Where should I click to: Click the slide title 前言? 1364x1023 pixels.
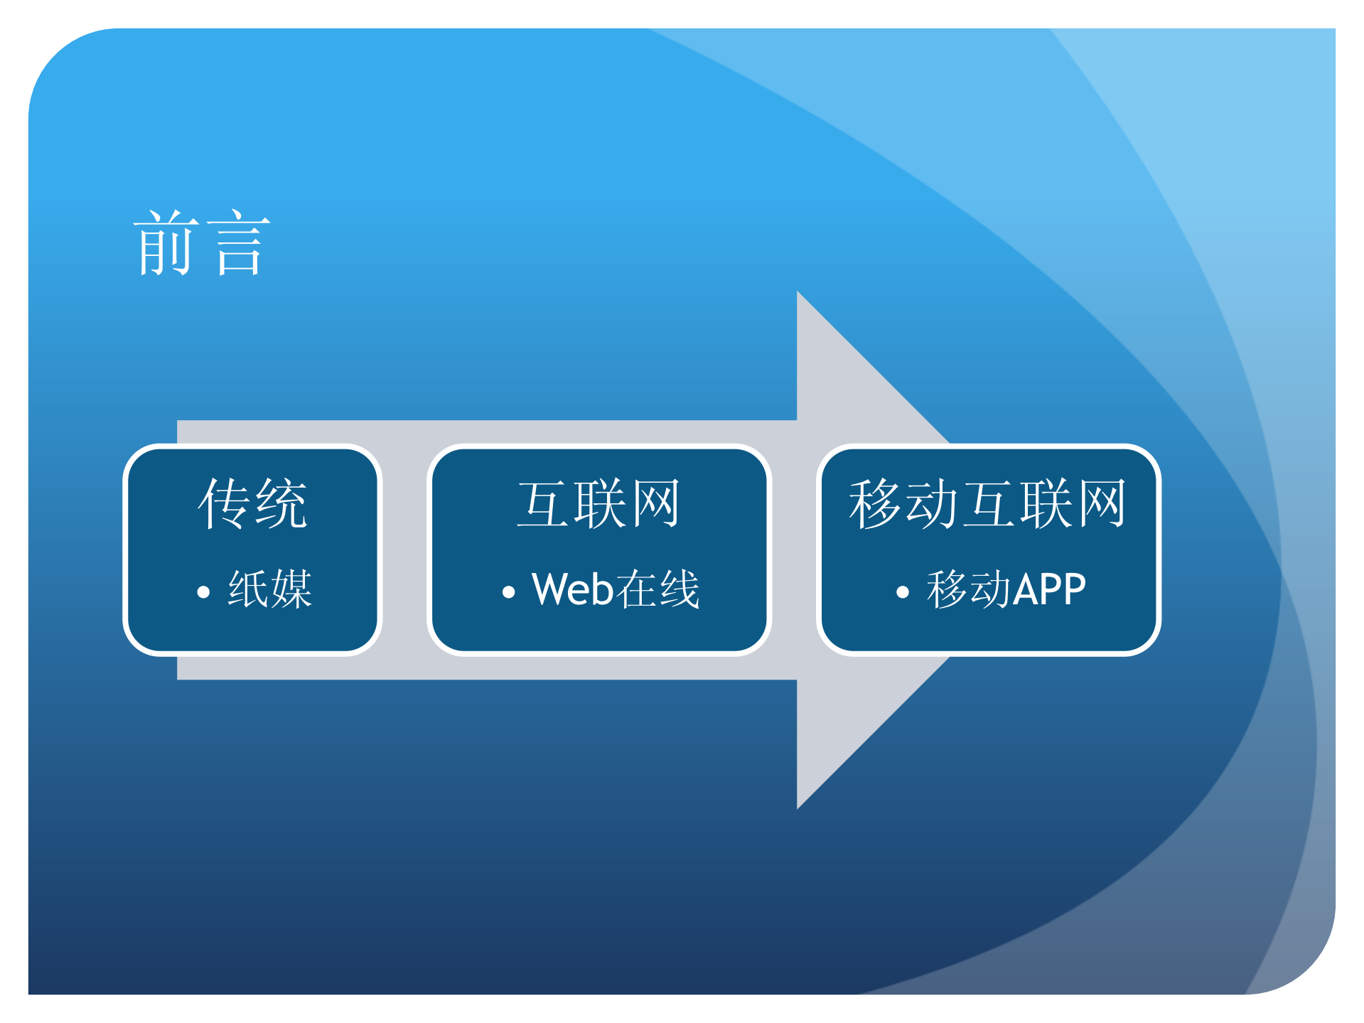click(x=202, y=243)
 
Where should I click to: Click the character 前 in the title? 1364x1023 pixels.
click(x=166, y=243)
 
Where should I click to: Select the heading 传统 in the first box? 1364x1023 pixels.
click(x=252, y=503)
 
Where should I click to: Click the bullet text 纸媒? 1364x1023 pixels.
click(x=270, y=589)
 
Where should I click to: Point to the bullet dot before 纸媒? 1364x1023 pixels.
click(x=203, y=592)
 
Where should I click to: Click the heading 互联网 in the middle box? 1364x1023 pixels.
click(x=598, y=503)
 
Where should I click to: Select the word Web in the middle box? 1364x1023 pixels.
click(x=572, y=589)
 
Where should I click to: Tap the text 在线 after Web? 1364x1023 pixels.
click(x=657, y=589)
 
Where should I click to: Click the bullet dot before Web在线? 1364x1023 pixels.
click(x=508, y=592)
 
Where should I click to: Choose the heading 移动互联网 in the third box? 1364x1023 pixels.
click(x=988, y=503)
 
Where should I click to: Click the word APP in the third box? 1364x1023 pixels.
click(x=1050, y=589)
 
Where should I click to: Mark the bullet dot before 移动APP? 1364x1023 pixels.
click(x=903, y=592)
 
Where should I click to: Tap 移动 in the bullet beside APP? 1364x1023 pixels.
click(x=969, y=589)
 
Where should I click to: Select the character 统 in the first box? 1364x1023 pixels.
click(x=281, y=503)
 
